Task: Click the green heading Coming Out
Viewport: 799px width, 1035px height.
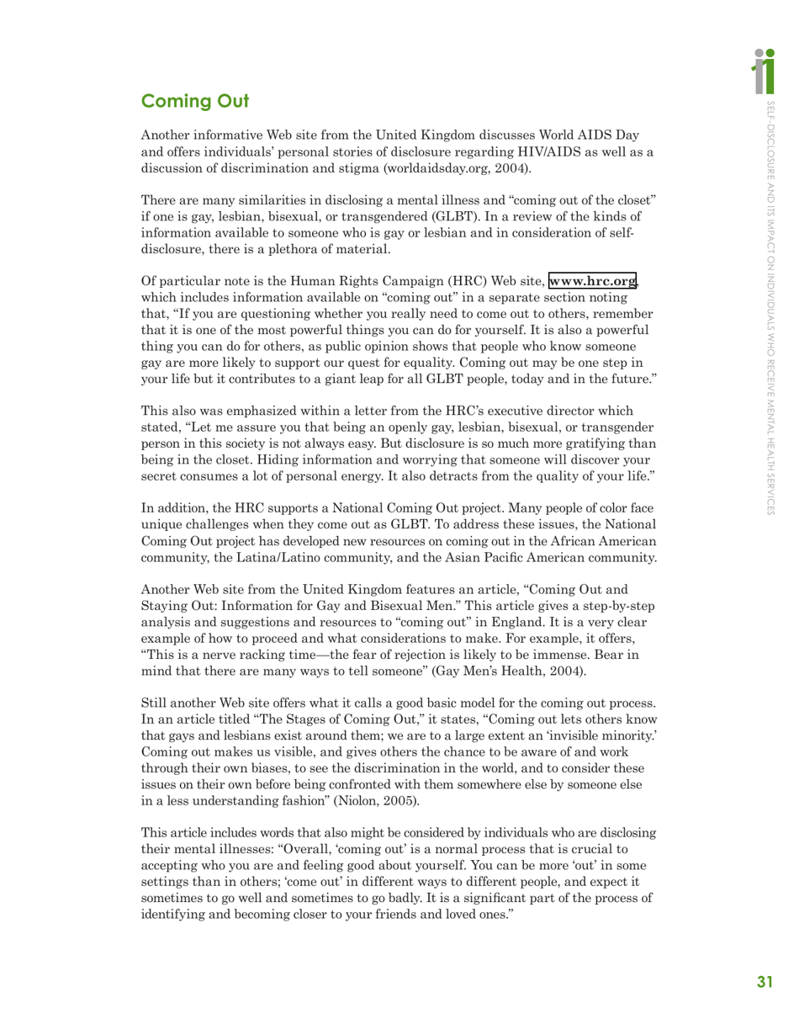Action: (195, 102)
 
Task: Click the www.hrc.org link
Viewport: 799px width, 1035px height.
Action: (592, 280)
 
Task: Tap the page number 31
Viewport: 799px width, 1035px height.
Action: (764, 981)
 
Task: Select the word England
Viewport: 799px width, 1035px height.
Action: (482, 622)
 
